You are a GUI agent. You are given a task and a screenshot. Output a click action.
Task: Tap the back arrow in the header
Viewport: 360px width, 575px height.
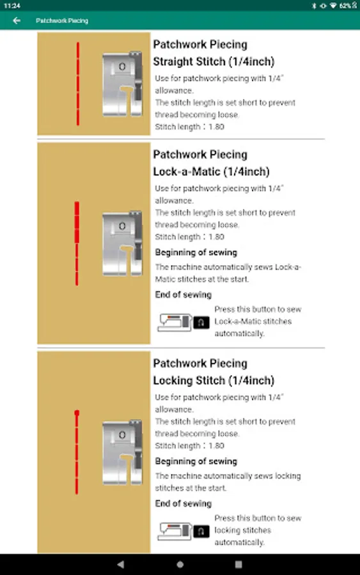(17, 20)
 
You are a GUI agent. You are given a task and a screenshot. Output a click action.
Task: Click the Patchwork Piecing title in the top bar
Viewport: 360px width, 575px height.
(62, 20)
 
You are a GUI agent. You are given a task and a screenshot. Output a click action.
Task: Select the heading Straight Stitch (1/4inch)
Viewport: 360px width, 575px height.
(214, 61)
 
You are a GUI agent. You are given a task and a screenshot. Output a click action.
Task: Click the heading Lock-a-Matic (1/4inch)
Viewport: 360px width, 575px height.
(212, 171)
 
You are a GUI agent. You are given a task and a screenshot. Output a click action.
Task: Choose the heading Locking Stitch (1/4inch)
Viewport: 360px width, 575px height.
(214, 380)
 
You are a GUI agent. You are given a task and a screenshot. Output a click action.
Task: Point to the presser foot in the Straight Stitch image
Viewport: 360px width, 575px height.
(122, 84)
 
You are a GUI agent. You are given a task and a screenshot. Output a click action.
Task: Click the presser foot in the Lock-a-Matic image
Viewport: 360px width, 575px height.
(122, 243)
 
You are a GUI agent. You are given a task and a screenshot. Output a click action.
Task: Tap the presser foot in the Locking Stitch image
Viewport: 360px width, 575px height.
(122, 452)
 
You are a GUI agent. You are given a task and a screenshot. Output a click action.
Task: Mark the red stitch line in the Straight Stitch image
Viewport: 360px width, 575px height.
(78, 84)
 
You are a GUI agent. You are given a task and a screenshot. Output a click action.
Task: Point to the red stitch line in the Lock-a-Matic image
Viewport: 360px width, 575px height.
(77, 243)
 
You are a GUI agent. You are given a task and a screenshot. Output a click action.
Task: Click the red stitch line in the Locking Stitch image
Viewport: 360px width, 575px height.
(77, 452)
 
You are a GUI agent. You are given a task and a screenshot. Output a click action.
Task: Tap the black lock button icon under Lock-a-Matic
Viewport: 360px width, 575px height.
(201, 323)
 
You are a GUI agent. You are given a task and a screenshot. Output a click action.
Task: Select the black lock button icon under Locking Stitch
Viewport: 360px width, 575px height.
(201, 532)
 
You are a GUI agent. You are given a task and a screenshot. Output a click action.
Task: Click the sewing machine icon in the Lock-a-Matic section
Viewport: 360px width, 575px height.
(175, 323)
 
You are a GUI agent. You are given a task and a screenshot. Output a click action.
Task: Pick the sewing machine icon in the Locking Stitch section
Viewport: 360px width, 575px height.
(175, 532)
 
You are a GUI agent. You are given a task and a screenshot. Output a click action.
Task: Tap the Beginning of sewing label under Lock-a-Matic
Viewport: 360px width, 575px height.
(196, 252)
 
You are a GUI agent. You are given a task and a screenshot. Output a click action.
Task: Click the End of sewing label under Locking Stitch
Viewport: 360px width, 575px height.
(183, 503)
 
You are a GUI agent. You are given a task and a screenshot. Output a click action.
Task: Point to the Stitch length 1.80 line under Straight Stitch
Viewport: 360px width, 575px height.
(189, 126)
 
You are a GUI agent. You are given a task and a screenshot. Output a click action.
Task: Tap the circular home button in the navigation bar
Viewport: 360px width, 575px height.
(180, 564)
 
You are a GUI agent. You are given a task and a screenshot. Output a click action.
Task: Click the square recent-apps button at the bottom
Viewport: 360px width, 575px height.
(239, 564)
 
